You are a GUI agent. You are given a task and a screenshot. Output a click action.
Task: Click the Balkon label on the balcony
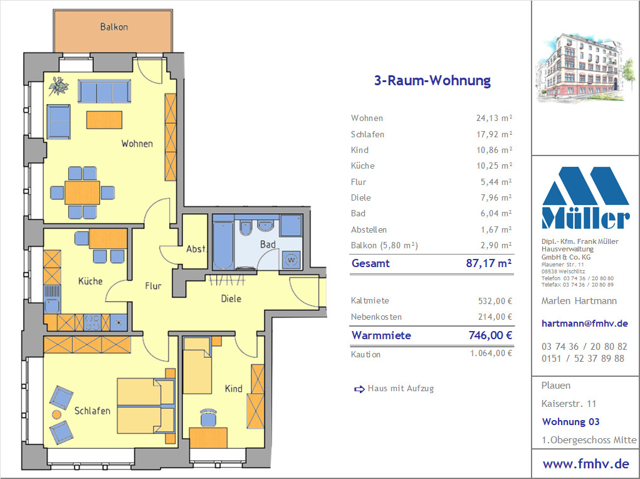[114, 27]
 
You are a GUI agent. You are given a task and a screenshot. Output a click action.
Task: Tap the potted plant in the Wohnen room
[58, 86]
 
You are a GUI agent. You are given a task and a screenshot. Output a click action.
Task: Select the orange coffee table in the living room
[104, 120]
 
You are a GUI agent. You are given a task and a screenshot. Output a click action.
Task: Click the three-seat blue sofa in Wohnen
[105, 91]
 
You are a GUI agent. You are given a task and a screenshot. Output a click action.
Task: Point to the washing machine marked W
[291, 260]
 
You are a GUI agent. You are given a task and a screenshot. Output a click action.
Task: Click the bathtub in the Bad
[223, 245]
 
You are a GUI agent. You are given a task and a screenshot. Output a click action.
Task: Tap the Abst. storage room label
[196, 249]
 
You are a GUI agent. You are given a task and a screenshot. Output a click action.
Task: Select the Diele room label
[231, 299]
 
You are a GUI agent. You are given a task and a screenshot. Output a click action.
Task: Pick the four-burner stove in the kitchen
[92, 322]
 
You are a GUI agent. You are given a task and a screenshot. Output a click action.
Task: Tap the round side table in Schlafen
[57, 415]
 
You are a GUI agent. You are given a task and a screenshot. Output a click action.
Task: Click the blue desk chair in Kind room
[209, 418]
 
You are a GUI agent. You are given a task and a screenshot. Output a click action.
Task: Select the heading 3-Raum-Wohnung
[433, 80]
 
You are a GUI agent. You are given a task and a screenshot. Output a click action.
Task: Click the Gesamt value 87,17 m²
[489, 263]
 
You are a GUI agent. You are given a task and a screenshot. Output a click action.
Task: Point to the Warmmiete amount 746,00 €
[490, 335]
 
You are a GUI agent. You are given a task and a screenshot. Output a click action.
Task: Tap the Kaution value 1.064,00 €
[491, 353]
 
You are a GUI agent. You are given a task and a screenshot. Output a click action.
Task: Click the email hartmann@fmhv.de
[584, 324]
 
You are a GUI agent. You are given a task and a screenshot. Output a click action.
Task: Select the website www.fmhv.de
[585, 464]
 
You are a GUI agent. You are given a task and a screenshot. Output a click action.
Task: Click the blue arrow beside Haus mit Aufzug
[359, 389]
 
